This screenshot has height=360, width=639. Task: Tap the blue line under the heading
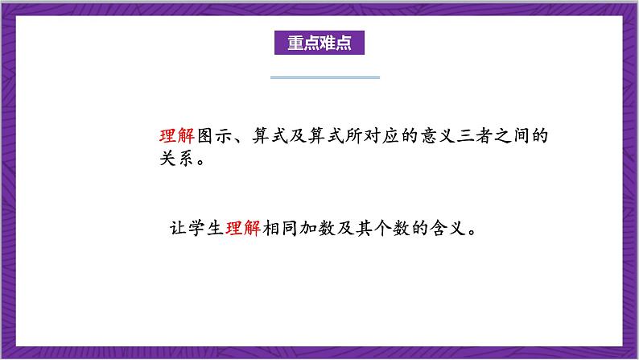pyautogui.click(x=324, y=77)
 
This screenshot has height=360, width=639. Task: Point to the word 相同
pyautogui.click(x=282, y=228)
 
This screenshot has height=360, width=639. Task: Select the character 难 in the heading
pyautogui.click(x=328, y=42)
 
